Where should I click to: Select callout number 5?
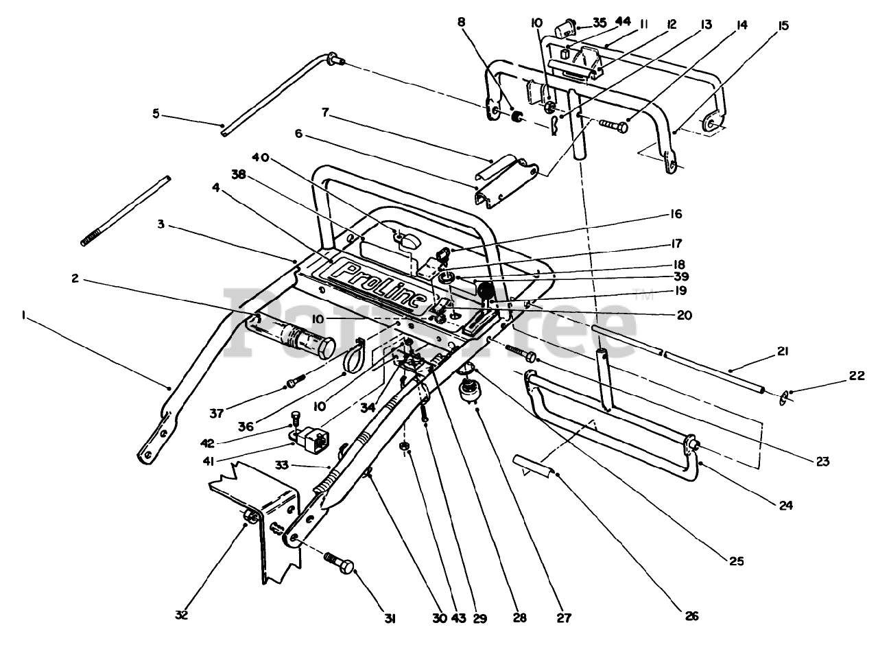pos(156,113)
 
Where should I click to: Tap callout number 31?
pos(390,618)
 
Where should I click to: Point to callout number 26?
pos(691,616)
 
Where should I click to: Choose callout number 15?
pos(784,26)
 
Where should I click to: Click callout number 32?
pos(181,615)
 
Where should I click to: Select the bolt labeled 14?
pos(613,126)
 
